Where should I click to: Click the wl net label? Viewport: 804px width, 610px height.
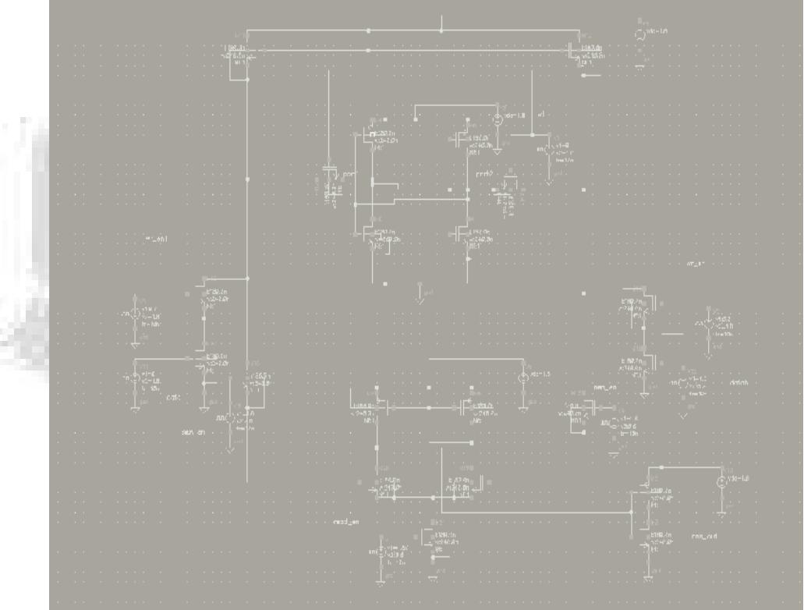540,114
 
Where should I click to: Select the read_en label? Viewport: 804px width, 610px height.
345,521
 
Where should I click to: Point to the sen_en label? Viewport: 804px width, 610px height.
193,432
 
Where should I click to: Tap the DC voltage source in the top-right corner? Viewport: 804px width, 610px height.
642,35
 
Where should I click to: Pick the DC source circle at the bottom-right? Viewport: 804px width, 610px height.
721,482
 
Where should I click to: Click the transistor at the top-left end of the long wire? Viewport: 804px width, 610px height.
235,53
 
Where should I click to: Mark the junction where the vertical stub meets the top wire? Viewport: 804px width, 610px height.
441,31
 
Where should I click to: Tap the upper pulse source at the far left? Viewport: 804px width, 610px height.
135,315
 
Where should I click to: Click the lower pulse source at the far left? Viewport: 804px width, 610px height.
135,378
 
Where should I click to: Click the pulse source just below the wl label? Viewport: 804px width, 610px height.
548,148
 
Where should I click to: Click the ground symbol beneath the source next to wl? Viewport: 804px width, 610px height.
498,143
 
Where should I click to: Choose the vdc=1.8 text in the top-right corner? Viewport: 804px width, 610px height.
657,31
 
